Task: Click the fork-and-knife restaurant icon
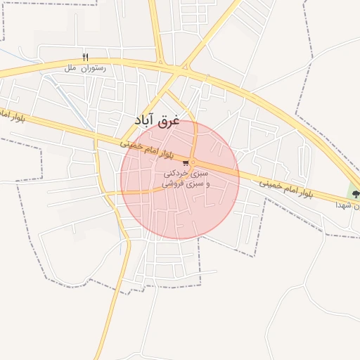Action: pyautogui.click(x=86, y=56)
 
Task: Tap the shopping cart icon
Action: pyautogui.click(x=186, y=163)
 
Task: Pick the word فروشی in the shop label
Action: pyautogui.click(x=174, y=184)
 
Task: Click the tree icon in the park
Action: pyautogui.click(x=356, y=193)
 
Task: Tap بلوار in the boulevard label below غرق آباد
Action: pyautogui.click(x=178, y=155)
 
